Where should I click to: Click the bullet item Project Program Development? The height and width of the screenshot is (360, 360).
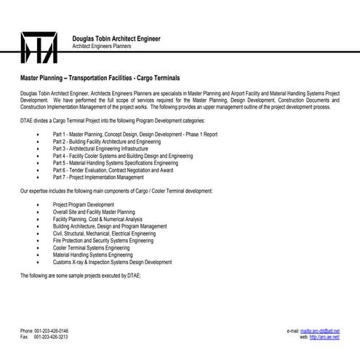pyautogui.click(x=84, y=205)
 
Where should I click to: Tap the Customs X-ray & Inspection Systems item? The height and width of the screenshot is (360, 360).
pyautogui.click(x=112, y=262)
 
